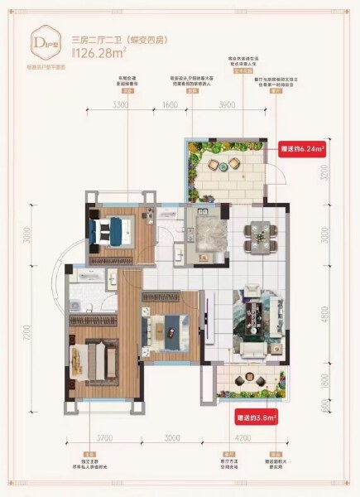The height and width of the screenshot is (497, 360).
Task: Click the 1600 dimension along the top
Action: coord(171,107)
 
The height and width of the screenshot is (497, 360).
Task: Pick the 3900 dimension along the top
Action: coord(223,107)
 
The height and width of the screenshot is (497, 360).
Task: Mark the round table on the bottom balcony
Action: coord(244,382)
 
